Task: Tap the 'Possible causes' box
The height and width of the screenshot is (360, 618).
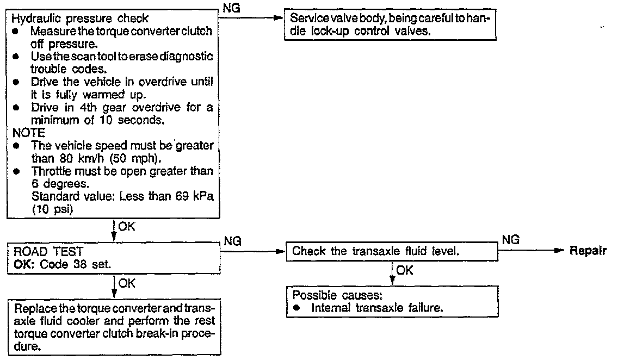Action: point(391,301)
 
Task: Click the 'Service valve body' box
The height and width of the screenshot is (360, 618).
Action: point(391,25)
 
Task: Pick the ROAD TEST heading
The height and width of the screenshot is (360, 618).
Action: point(44,251)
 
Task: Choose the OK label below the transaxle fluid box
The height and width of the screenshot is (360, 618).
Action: point(404,270)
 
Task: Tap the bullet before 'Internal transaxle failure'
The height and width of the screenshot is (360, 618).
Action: point(298,307)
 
